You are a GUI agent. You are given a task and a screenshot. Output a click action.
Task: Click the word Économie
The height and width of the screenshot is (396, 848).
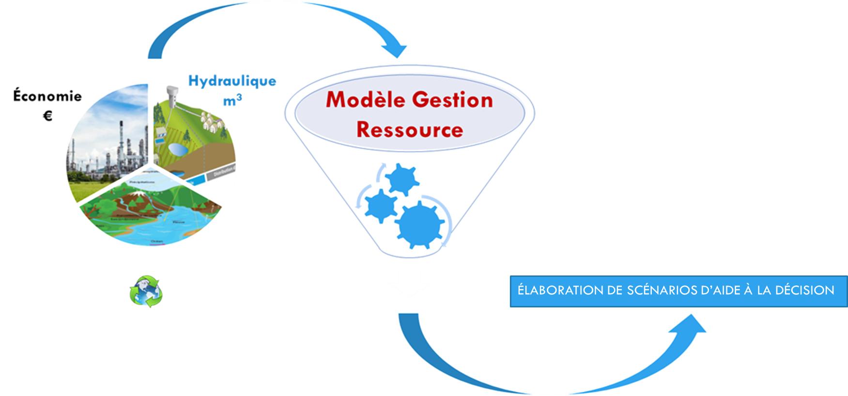(x=47, y=96)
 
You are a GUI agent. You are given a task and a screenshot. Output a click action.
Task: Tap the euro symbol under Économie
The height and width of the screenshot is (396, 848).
(x=47, y=116)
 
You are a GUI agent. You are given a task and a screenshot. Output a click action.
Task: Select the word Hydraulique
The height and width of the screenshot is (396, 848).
(x=232, y=81)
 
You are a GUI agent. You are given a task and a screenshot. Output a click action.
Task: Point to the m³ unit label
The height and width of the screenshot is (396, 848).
(x=232, y=100)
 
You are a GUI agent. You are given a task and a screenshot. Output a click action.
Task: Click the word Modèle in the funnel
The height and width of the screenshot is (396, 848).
(x=365, y=100)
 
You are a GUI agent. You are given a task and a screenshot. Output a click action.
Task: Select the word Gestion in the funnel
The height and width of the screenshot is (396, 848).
(x=452, y=100)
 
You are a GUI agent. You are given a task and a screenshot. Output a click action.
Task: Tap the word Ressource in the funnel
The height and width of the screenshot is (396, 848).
(x=410, y=130)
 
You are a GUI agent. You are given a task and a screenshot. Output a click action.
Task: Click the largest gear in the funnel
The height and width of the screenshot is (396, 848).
(x=419, y=222)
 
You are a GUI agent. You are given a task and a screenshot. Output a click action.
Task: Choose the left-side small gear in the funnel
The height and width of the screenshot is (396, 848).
(x=381, y=206)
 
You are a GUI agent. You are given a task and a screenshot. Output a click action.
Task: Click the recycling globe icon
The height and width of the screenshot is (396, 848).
(x=146, y=291)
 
